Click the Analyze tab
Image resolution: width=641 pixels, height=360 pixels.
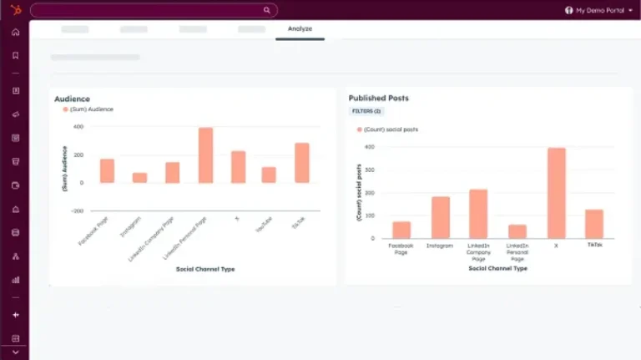click(300, 28)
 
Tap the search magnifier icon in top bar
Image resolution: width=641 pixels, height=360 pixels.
click(267, 10)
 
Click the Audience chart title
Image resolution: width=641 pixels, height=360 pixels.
click(72, 99)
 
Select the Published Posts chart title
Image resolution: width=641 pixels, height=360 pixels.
click(378, 98)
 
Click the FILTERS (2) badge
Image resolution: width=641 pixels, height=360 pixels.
click(366, 110)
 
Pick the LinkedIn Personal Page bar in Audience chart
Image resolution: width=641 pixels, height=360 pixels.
click(205, 155)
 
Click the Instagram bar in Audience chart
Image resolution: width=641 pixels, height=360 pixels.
click(139, 177)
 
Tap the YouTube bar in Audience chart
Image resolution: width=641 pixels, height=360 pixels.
click(269, 175)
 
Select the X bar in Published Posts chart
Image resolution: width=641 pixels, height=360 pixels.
click(557, 193)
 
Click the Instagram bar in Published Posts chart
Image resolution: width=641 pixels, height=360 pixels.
click(440, 217)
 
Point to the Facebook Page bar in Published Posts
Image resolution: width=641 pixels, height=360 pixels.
click(401, 230)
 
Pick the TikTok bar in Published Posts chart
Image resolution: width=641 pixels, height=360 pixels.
click(594, 224)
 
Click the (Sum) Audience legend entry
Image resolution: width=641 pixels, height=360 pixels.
click(88, 109)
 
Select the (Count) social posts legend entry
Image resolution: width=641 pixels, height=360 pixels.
click(387, 129)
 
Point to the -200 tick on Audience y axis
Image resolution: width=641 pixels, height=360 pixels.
click(78, 211)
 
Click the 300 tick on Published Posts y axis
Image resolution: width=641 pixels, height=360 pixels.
click(369, 170)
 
